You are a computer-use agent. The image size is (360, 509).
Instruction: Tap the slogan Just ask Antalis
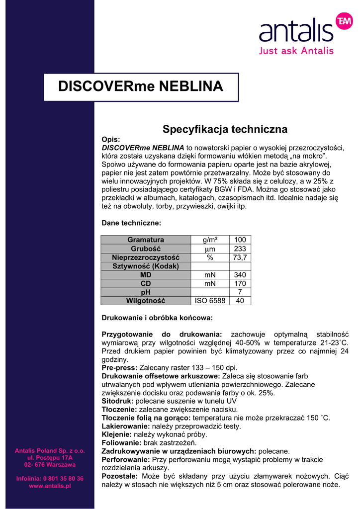pyautogui.click(x=296, y=51)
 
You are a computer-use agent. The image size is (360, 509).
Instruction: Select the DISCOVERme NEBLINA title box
pyautogui.click(x=141, y=86)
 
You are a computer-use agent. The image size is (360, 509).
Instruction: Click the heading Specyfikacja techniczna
pyautogui.click(x=225, y=130)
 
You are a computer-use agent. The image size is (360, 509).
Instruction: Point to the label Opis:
pyautogui.click(x=111, y=140)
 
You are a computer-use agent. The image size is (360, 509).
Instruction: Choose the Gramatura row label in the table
pyautogui.click(x=146, y=240)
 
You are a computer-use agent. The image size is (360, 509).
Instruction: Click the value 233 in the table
pyautogui.click(x=240, y=249)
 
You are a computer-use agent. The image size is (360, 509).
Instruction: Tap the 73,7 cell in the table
pyautogui.click(x=240, y=257)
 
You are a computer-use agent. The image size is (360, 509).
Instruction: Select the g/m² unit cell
pyautogui.click(x=210, y=240)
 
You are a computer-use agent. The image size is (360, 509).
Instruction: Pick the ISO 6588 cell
pyautogui.click(x=210, y=301)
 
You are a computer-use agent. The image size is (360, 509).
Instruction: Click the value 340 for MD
pyautogui.click(x=240, y=275)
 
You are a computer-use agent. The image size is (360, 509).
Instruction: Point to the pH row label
pyautogui.click(x=146, y=292)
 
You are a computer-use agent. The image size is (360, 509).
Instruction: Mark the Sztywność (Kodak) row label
pyautogui.click(x=146, y=266)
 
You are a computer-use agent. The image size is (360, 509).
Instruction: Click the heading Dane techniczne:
pyautogui.click(x=131, y=223)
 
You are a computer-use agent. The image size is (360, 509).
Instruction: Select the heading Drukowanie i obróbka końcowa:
pyautogui.click(x=157, y=317)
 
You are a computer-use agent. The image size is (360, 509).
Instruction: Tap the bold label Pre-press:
pyautogui.click(x=119, y=368)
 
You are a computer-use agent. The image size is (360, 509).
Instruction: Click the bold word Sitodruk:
pyautogui.click(x=118, y=401)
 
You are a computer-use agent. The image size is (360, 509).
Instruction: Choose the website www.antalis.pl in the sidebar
pyautogui.click(x=50, y=486)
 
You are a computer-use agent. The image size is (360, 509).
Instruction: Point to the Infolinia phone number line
pyautogui.click(x=50, y=479)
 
